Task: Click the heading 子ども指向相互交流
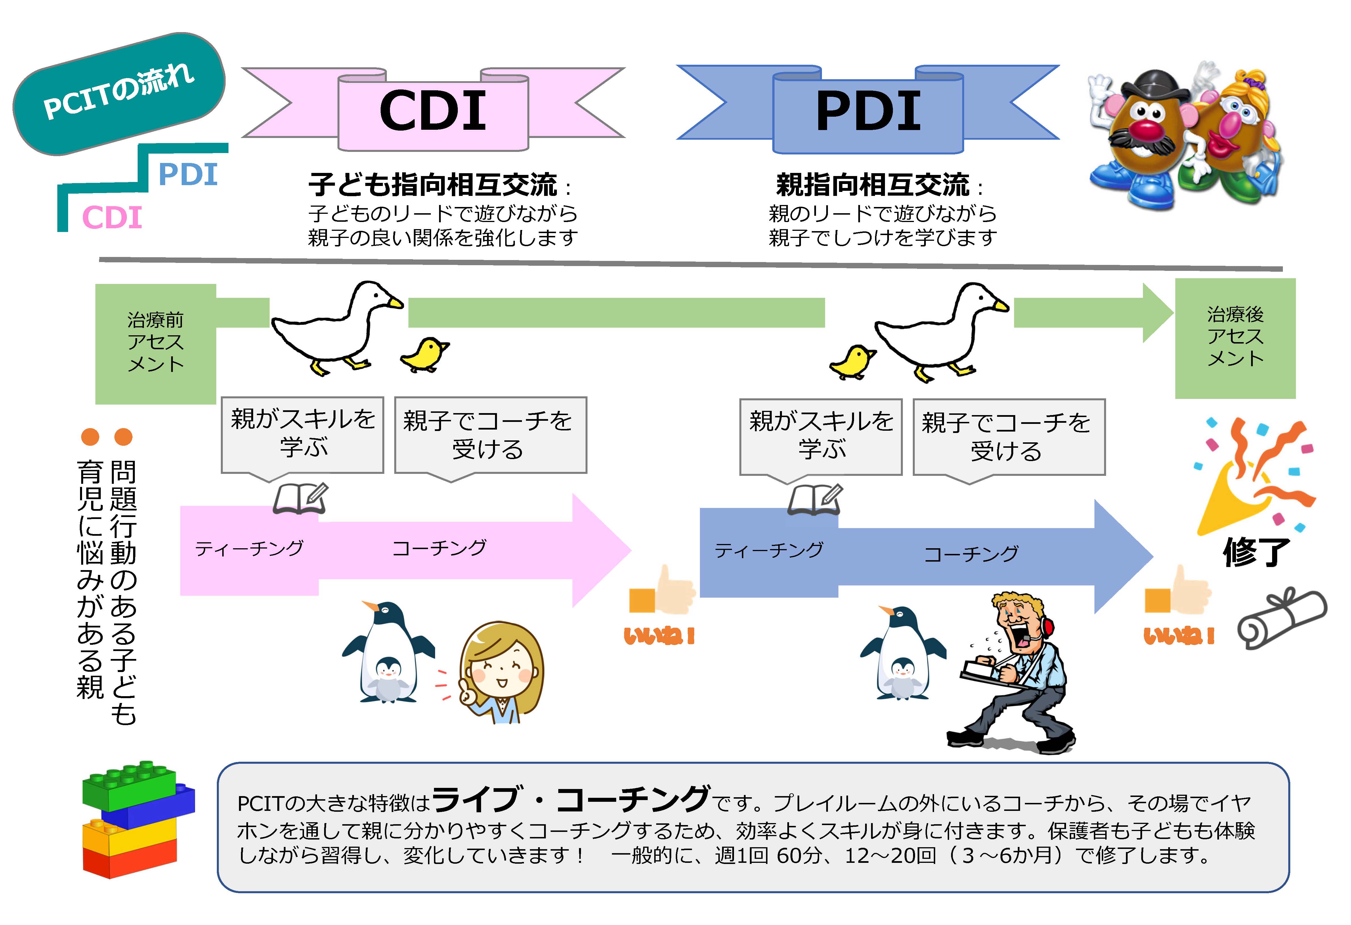pos(433,185)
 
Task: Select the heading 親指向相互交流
pos(873,185)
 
